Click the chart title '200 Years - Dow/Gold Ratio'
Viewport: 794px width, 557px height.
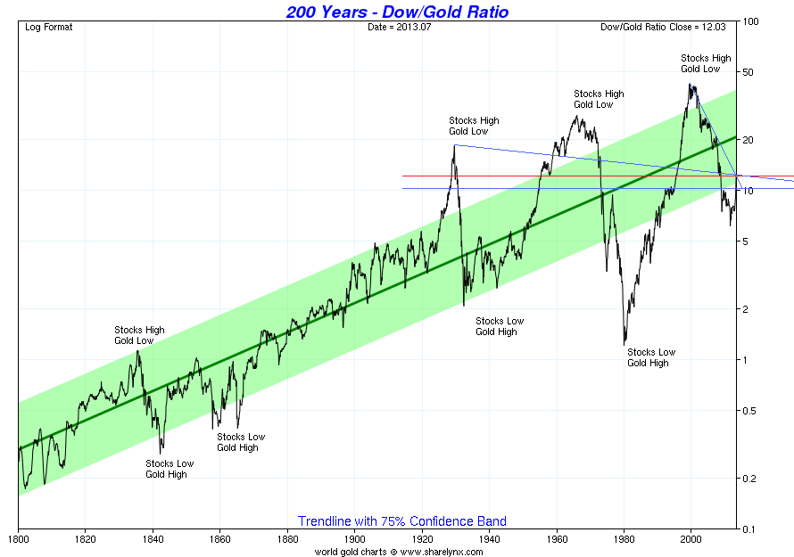[398, 12]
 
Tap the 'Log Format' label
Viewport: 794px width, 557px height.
[49, 27]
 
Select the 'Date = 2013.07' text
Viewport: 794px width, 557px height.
[398, 27]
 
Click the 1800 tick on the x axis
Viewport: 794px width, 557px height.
[18, 539]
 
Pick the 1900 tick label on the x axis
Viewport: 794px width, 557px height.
[354, 539]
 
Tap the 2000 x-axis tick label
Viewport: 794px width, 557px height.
[691, 539]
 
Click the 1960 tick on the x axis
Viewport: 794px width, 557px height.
[557, 539]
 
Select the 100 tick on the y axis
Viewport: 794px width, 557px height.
[750, 21]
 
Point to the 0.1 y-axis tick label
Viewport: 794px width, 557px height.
[750, 529]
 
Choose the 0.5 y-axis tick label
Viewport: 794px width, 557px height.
[750, 411]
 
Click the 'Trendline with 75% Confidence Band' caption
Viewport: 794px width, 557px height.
[401, 521]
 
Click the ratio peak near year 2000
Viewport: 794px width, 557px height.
[691, 85]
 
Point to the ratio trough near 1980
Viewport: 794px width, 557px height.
[624, 343]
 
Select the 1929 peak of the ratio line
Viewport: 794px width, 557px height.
[454, 145]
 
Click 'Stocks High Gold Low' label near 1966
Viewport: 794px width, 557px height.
[599, 99]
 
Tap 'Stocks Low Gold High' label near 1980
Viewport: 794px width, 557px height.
[651, 357]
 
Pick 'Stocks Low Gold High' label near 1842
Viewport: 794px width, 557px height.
[170, 469]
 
